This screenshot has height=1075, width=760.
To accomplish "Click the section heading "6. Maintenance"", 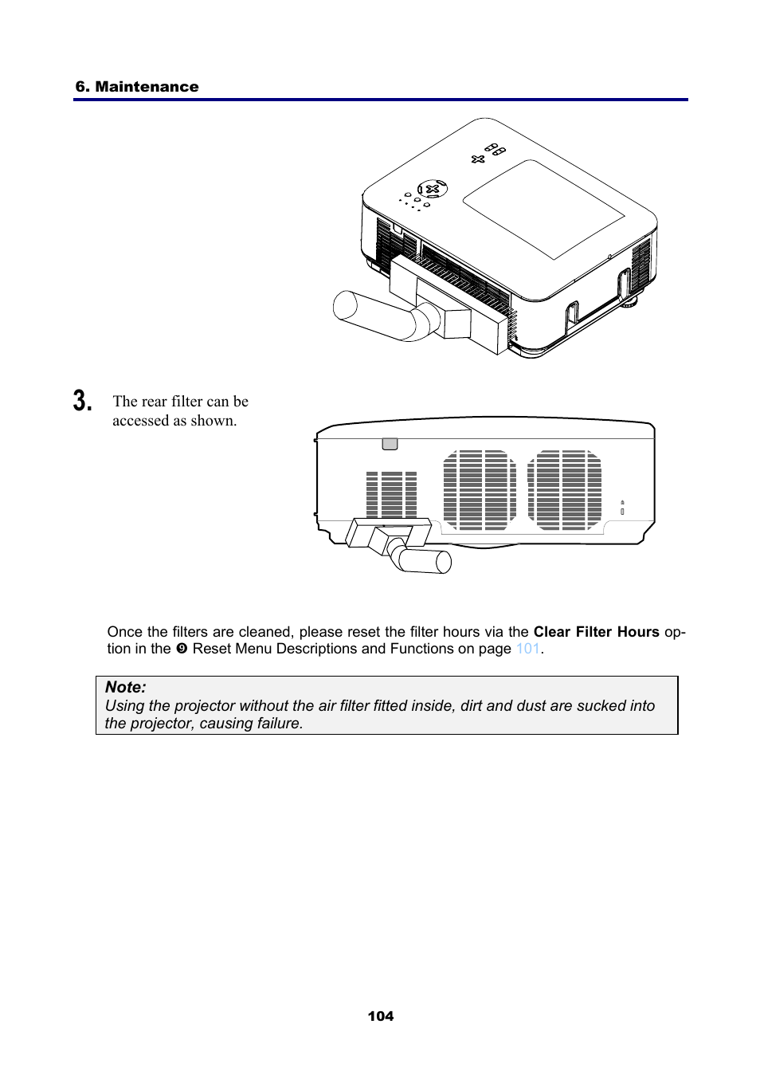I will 137,87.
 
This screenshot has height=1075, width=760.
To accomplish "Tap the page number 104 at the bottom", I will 380,1016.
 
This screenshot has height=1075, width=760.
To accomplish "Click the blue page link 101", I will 527,649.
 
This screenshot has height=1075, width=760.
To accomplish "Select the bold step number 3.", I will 82,402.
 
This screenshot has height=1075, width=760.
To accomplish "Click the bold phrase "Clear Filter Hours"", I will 596,632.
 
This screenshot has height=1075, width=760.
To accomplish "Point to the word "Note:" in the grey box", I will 126,687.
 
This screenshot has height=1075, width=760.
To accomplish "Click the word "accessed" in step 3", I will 142,421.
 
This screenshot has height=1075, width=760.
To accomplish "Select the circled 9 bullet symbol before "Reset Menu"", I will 182,649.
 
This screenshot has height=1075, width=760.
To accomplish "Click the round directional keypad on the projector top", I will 431,189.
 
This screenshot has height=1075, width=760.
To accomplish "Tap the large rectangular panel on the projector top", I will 543,210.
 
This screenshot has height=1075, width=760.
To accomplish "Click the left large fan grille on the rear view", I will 480,490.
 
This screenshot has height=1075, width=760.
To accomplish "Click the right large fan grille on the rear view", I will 565,490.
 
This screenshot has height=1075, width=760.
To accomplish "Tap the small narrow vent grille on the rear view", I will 391,495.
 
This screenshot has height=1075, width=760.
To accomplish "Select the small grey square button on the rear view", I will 390,444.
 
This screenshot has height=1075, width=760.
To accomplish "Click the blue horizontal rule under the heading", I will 380,100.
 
